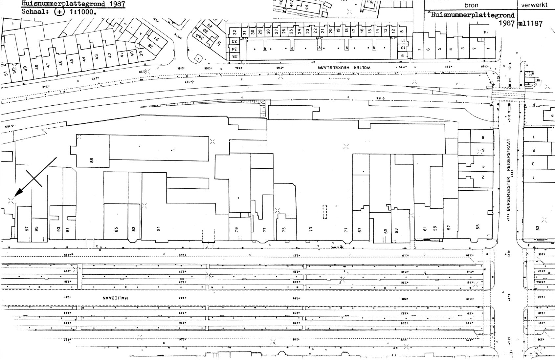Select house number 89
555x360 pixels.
point(92,160)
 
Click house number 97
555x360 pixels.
point(27,229)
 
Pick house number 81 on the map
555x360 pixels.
point(158,229)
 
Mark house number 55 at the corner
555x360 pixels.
point(478,227)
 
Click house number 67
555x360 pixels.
point(359,230)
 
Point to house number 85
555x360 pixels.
point(116,229)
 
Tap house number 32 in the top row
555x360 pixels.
point(234,32)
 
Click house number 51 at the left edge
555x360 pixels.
point(5,73)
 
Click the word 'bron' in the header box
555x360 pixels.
point(471,5)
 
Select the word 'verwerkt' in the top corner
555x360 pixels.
point(536,5)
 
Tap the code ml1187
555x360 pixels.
point(530,23)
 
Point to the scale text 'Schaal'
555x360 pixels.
point(31,12)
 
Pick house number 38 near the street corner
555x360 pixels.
point(150,46)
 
